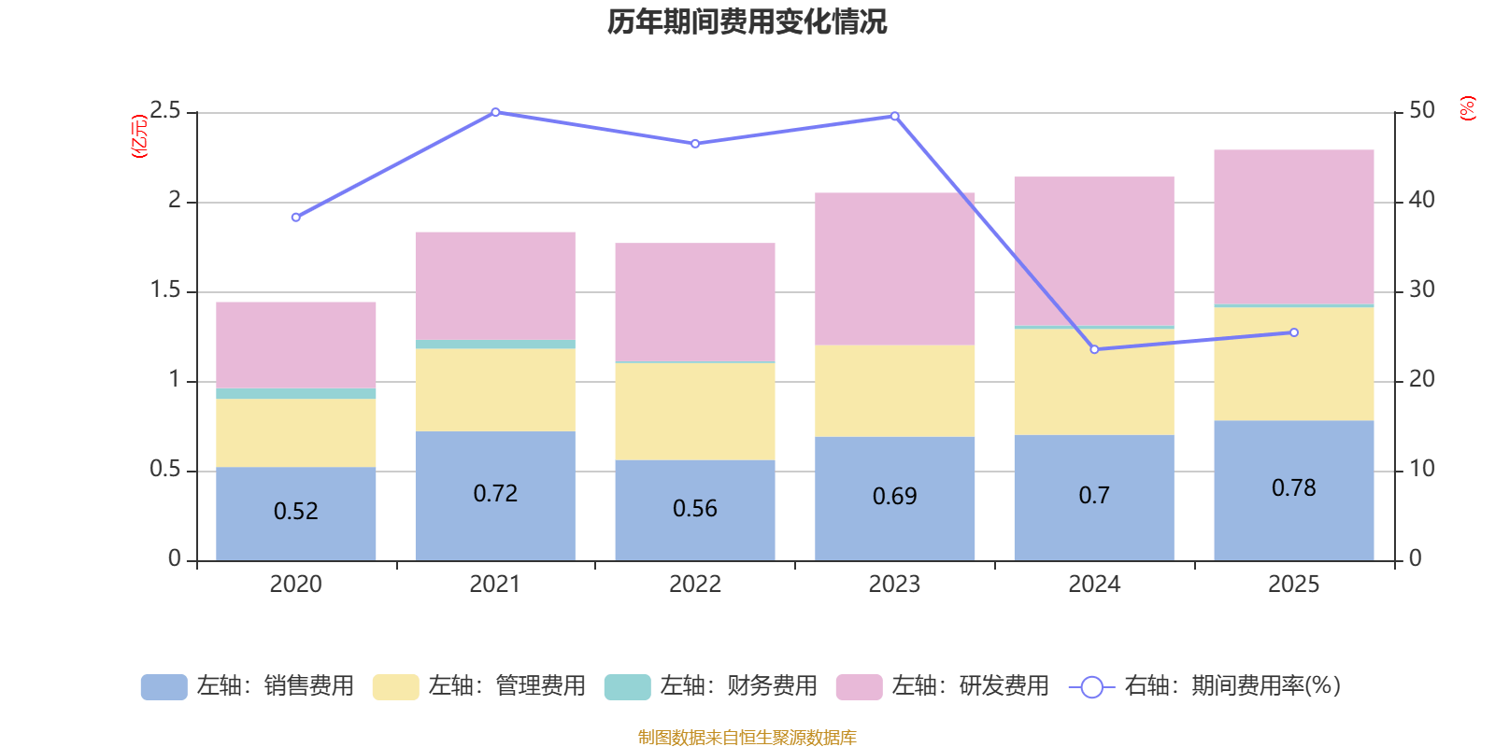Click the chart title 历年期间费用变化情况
[x=747, y=21]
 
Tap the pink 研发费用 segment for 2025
[x=1293, y=226]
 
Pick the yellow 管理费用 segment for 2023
[x=894, y=390]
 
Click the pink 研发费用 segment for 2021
[x=495, y=285]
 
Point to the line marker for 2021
[x=495, y=112]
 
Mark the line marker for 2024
[x=1094, y=349]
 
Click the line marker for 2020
[x=296, y=218]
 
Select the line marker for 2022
[x=695, y=144]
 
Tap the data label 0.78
[x=1293, y=487]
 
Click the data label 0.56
[x=695, y=508]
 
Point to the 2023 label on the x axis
[x=894, y=585]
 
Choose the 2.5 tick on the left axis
[x=165, y=111]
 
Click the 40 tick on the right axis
[x=1421, y=199]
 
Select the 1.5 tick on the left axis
[x=165, y=290]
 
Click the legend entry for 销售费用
[x=249, y=686]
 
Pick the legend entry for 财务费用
[x=712, y=686]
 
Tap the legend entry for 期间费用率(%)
[x=1205, y=686]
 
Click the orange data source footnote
[x=747, y=737]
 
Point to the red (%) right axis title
[x=1467, y=108]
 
